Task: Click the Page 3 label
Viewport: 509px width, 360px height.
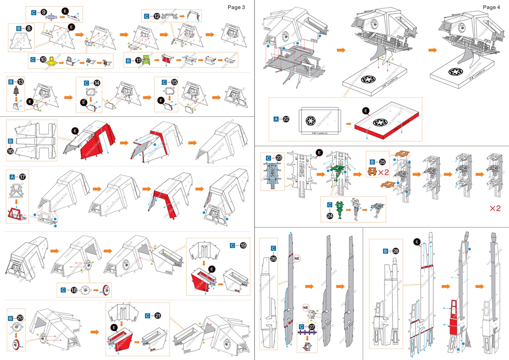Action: [236, 7]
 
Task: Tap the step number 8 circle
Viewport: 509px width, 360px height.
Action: [29, 29]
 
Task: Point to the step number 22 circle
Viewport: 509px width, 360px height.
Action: [286, 119]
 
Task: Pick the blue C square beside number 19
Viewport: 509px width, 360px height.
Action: [233, 245]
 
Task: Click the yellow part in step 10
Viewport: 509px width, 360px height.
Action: [52, 62]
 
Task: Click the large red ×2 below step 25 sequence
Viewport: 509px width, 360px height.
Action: [495, 208]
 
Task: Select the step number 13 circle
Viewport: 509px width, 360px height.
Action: [20, 82]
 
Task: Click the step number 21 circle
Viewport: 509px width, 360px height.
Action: [158, 315]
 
